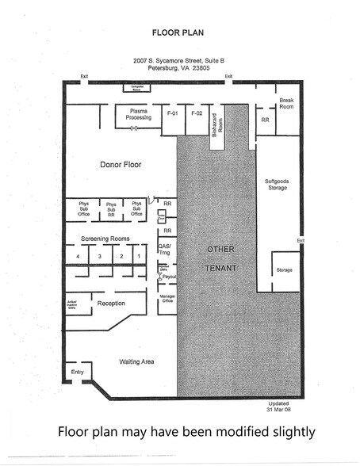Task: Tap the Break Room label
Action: pyautogui.click(x=287, y=103)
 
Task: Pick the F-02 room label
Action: pyautogui.click(x=197, y=114)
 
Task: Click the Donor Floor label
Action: pyautogui.click(x=120, y=166)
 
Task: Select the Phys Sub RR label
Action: pyautogui.click(x=112, y=210)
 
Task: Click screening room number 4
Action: pyautogui.click(x=78, y=257)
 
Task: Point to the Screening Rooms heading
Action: pyautogui.click(x=105, y=239)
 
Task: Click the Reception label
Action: pyautogui.click(x=111, y=304)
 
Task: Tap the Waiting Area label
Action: pyautogui.click(x=137, y=362)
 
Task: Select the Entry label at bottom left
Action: pyautogui.click(x=77, y=372)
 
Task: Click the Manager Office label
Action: pyautogui.click(x=167, y=298)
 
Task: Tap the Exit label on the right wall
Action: pyautogui.click(x=301, y=240)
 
